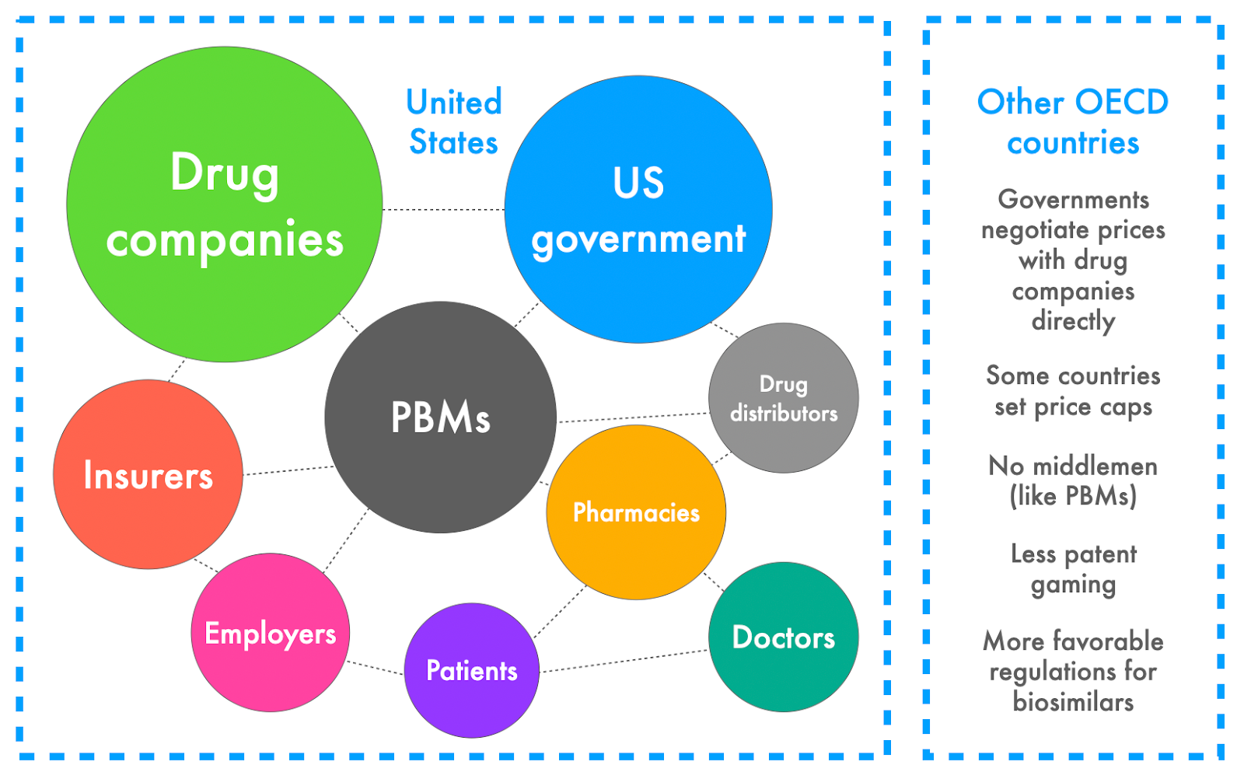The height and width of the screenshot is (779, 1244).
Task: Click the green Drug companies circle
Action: coord(224,204)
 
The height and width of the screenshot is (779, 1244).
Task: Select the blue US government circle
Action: coord(638,209)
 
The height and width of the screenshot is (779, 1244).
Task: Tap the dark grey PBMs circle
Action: coord(440,417)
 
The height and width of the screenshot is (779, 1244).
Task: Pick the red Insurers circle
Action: coord(148,474)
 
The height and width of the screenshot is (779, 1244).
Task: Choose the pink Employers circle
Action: coord(270,632)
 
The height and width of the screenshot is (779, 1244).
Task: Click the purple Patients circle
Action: coord(471,670)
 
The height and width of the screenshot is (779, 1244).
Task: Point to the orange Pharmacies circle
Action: coord(636,512)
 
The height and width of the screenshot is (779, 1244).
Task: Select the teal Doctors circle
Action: coord(783,637)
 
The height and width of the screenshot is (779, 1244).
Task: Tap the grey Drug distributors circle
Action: coord(783,398)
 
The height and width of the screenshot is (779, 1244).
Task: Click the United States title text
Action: coord(454,122)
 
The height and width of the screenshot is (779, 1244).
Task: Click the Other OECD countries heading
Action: coord(1073,122)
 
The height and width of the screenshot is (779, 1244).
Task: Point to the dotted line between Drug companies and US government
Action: coord(443,209)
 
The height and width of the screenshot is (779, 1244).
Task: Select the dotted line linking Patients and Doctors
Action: coord(624,661)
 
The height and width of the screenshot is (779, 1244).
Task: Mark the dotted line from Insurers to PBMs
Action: coord(288,470)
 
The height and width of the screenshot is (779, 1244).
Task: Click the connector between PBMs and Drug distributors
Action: coord(633,417)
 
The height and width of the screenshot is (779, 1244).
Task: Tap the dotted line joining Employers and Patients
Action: coord(376,667)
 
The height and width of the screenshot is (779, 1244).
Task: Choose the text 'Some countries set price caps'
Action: coord(1073,391)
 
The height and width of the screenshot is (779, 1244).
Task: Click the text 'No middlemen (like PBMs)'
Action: coord(1073,480)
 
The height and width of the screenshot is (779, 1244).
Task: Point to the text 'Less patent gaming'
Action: coord(1073,568)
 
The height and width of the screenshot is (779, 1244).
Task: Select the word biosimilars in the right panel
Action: coord(1073,702)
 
